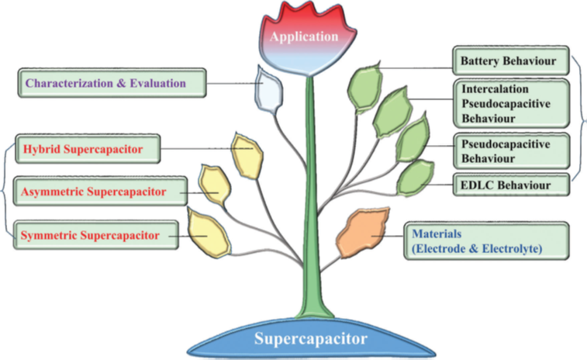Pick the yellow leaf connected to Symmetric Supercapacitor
pyautogui.click(x=206, y=230)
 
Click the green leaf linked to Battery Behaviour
pyautogui.click(x=364, y=86)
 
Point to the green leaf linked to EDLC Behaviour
pyautogui.click(x=416, y=176)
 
